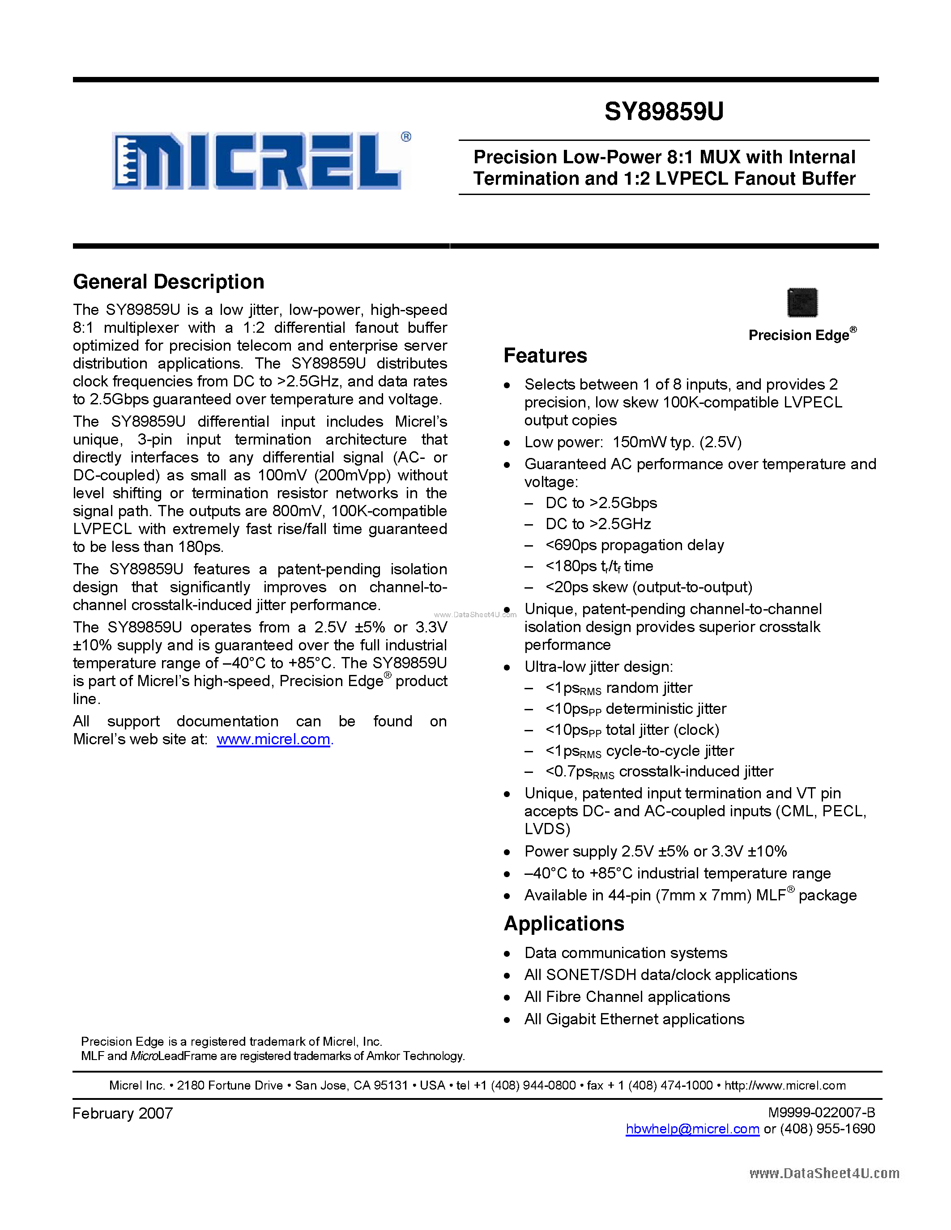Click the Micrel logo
[x=256, y=161]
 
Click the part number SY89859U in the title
[x=664, y=111]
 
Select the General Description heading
[x=168, y=282]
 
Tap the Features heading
[x=545, y=356]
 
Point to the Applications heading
[x=564, y=924]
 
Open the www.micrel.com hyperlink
[x=273, y=739]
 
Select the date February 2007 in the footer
[x=122, y=1113]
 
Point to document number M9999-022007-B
[x=821, y=1112]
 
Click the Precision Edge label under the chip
[x=799, y=335]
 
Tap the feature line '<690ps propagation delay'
[x=635, y=545]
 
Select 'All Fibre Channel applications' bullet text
[x=627, y=997]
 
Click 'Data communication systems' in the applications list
[x=625, y=953]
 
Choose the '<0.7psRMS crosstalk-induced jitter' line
[x=659, y=772]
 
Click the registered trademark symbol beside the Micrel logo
[x=405, y=137]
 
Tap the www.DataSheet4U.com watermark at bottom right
[x=823, y=1173]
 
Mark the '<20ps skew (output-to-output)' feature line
[x=648, y=587]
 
